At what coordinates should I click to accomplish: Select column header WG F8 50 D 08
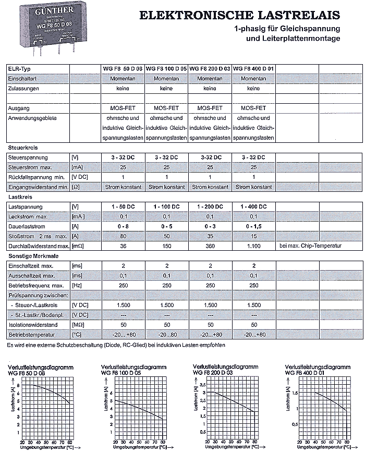point(122,69)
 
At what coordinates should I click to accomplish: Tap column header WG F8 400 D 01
point(253,69)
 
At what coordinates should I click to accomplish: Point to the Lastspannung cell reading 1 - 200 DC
point(210,207)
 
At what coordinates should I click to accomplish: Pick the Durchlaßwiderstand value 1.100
point(254,246)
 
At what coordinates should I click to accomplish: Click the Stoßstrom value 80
point(123,236)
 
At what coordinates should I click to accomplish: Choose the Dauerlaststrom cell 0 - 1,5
point(254,227)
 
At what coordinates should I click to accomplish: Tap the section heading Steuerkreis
point(20,148)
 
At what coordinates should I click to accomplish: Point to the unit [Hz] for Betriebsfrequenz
point(77,285)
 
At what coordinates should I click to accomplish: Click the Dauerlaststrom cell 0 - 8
point(123,227)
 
